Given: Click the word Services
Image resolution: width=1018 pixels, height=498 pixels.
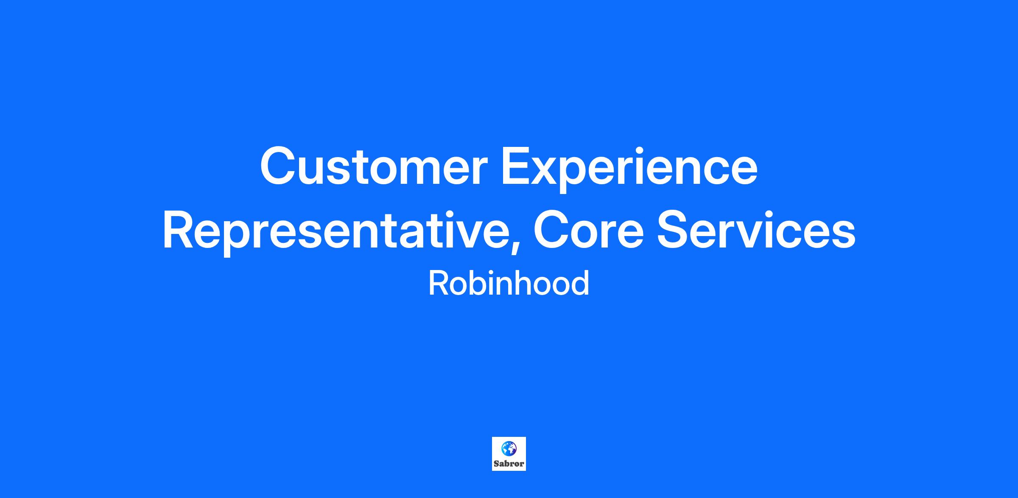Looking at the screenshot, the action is click(756, 230).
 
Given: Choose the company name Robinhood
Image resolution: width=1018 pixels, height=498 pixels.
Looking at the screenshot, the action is click(509, 283).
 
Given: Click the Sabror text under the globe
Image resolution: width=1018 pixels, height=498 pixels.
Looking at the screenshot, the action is click(509, 464).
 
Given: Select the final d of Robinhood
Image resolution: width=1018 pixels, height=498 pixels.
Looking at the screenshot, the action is click(580, 283).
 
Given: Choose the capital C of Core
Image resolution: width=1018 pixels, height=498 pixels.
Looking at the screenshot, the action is click(553, 230).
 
